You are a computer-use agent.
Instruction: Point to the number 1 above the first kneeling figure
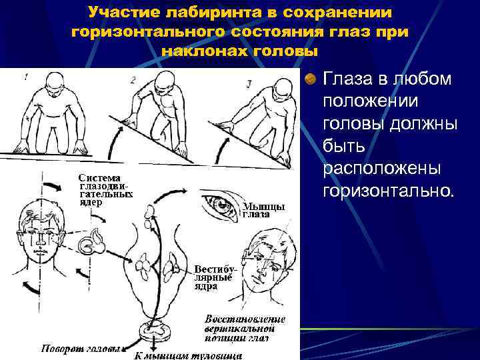point(26,77)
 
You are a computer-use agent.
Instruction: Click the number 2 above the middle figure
point(133,80)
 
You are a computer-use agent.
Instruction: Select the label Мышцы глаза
point(263,211)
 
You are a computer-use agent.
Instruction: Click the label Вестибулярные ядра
point(215,273)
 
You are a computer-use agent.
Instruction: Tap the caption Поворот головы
point(80,349)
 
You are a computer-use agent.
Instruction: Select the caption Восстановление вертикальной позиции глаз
point(245,327)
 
